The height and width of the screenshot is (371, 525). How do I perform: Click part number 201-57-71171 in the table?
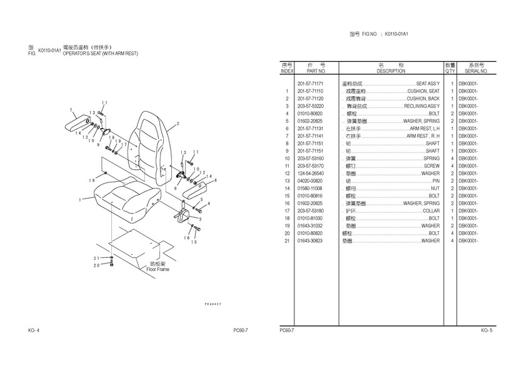point(310,84)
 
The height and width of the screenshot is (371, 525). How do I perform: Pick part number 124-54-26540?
point(310,173)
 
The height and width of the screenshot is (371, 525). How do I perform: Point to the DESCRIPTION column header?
point(391,71)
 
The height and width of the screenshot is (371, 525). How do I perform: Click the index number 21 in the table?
point(287,240)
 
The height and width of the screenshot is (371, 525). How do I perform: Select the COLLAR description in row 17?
point(431,210)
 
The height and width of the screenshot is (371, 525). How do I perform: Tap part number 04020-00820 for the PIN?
point(310,181)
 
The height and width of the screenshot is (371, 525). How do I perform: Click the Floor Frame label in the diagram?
point(157,269)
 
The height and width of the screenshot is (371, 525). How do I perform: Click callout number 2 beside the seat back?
point(177,124)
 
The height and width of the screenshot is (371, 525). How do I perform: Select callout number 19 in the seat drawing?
point(91,181)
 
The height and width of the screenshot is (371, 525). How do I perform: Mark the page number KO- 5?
point(487,330)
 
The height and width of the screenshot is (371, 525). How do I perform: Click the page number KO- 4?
point(34,330)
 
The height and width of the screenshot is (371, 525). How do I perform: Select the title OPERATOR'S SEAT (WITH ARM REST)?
point(100,54)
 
